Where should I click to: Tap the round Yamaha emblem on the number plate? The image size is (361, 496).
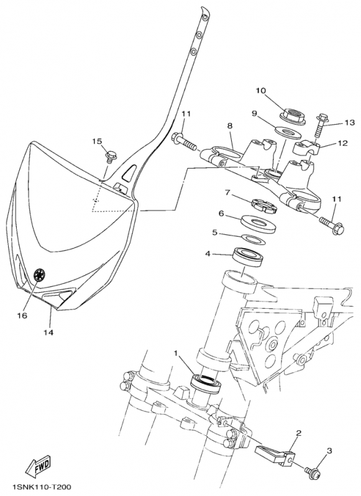(x=40, y=275)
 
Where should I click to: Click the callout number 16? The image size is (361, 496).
(x=22, y=315)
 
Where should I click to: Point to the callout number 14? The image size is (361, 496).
(x=49, y=332)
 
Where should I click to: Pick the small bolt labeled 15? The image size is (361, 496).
(x=110, y=157)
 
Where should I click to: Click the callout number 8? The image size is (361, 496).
(x=229, y=126)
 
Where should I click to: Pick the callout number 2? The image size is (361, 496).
(x=299, y=433)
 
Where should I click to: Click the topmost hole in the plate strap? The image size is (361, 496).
(x=205, y=18)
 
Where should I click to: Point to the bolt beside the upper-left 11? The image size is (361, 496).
(x=184, y=142)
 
